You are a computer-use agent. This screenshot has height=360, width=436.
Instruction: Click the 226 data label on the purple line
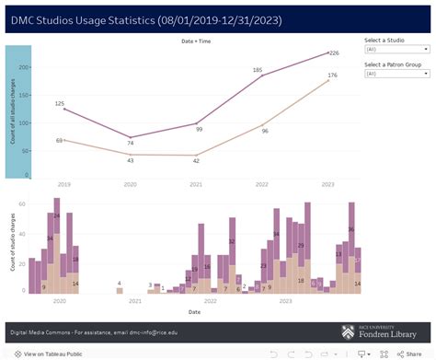pos(335,52)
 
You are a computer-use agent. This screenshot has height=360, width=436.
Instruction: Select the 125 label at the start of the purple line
pos(59,104)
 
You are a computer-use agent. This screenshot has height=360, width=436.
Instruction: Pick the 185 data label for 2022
pos(258,69)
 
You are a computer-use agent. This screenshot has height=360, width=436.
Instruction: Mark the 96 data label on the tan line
pos(265,131)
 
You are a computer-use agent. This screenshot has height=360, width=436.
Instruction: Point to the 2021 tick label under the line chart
pos(195,183)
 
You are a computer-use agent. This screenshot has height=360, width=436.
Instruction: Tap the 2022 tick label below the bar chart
pos(211,300)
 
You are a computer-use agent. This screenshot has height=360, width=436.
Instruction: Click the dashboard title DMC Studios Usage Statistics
pos(146,19)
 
